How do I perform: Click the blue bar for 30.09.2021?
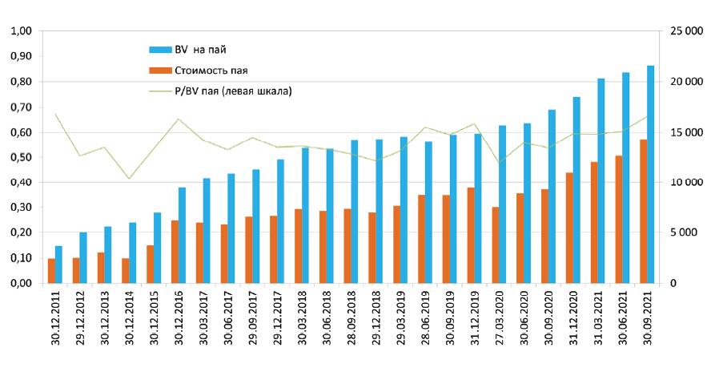650,175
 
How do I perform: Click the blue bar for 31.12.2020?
576,190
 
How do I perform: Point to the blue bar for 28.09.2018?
355,212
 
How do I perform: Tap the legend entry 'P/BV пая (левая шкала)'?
232,91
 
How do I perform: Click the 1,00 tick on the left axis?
20,31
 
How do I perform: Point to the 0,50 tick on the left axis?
20,157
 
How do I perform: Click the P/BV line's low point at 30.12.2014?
129,178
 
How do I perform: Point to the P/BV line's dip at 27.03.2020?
500,164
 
